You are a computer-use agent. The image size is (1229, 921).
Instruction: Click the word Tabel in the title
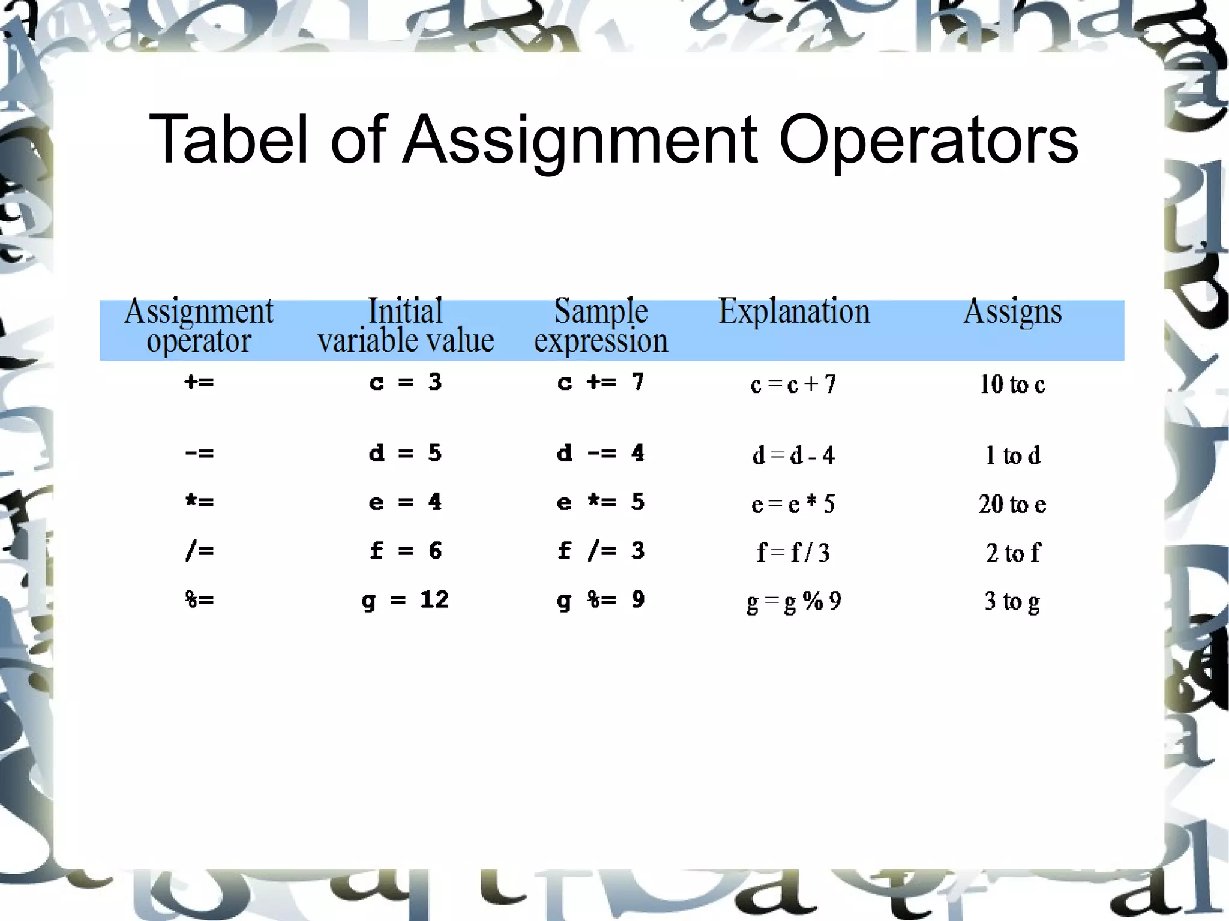coord(228,139)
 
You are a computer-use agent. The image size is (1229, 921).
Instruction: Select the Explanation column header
coord(793,311)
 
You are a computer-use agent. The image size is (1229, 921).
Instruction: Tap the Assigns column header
coord(1012,312)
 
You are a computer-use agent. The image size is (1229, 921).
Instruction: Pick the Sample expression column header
coord(601,326)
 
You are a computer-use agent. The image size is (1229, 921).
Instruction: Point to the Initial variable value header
coord(406,326)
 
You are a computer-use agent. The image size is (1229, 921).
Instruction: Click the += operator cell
coord(199,382)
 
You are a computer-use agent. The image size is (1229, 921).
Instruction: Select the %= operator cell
coord(199,599)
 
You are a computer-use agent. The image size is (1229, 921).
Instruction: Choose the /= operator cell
coord(199,551)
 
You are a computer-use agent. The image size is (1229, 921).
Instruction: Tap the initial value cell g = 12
coord(406,600)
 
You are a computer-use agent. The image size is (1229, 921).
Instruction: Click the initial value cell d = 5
coord(406,453)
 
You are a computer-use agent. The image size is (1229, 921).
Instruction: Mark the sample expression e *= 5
coord(601,502)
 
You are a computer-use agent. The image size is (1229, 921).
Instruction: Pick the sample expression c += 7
coord(601,382)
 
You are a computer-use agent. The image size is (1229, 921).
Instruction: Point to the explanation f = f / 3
coord(793,552)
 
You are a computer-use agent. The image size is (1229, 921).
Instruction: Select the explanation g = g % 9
coord(793,601)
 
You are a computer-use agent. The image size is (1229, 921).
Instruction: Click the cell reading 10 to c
coord(1012,385)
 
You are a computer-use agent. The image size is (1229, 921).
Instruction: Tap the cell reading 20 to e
coord(1012,504)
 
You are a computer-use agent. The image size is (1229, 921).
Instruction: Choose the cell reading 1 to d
coord(1012,455)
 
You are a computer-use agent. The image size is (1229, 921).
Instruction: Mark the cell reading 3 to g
coord(1012,601)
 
